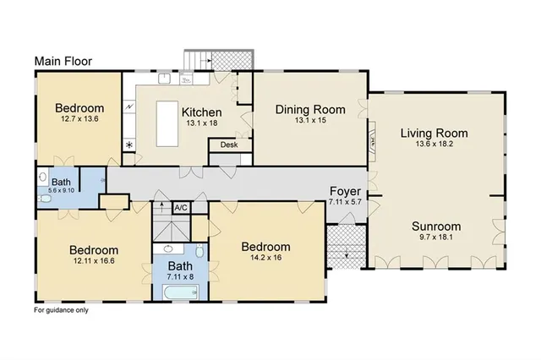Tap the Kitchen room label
[x=202, y=112]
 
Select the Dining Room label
[x=311, y=109]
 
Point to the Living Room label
[x=434, y=133]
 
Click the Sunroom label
[x=436, y=226]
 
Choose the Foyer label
[x=344, y=191]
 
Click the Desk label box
[x=229, y=145]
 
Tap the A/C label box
[x=180, y=207]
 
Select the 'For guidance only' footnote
[x=61, y=310]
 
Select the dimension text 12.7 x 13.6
[x=79, y=119]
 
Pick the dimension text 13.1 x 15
[x=311, y=120]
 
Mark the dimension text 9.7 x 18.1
[x=436, y=237]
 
